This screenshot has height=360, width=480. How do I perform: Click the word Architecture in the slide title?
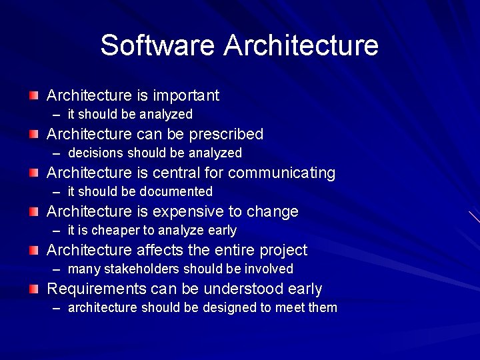tap(301, 45)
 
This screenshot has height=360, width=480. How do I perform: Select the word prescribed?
tap(226, 135)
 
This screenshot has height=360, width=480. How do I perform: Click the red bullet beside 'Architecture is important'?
tap(34, 96)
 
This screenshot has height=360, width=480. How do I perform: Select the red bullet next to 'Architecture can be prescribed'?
tap(34, 135)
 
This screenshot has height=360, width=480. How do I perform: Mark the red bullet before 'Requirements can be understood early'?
tap(34, 289)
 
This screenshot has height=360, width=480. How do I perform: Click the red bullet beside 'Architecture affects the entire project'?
tap(34, 251)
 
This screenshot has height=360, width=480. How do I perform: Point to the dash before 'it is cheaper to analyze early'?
tap(57, 231)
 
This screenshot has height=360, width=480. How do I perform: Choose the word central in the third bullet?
tap(176, 173)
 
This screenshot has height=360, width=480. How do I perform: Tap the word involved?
tap(271, 269)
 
